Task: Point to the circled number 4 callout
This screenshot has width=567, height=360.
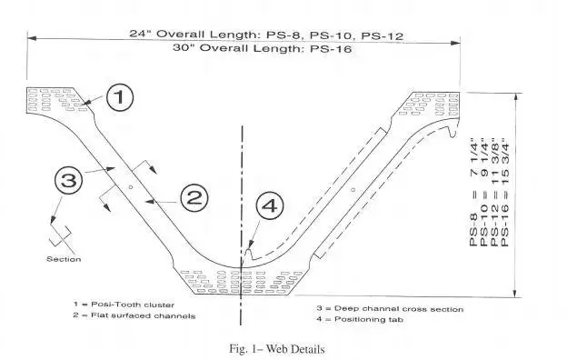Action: point(271,206)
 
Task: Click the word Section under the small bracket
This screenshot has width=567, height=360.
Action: point(64,259)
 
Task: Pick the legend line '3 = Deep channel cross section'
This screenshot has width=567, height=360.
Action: point(389,308)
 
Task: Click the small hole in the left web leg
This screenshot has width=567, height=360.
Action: point(132,185)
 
